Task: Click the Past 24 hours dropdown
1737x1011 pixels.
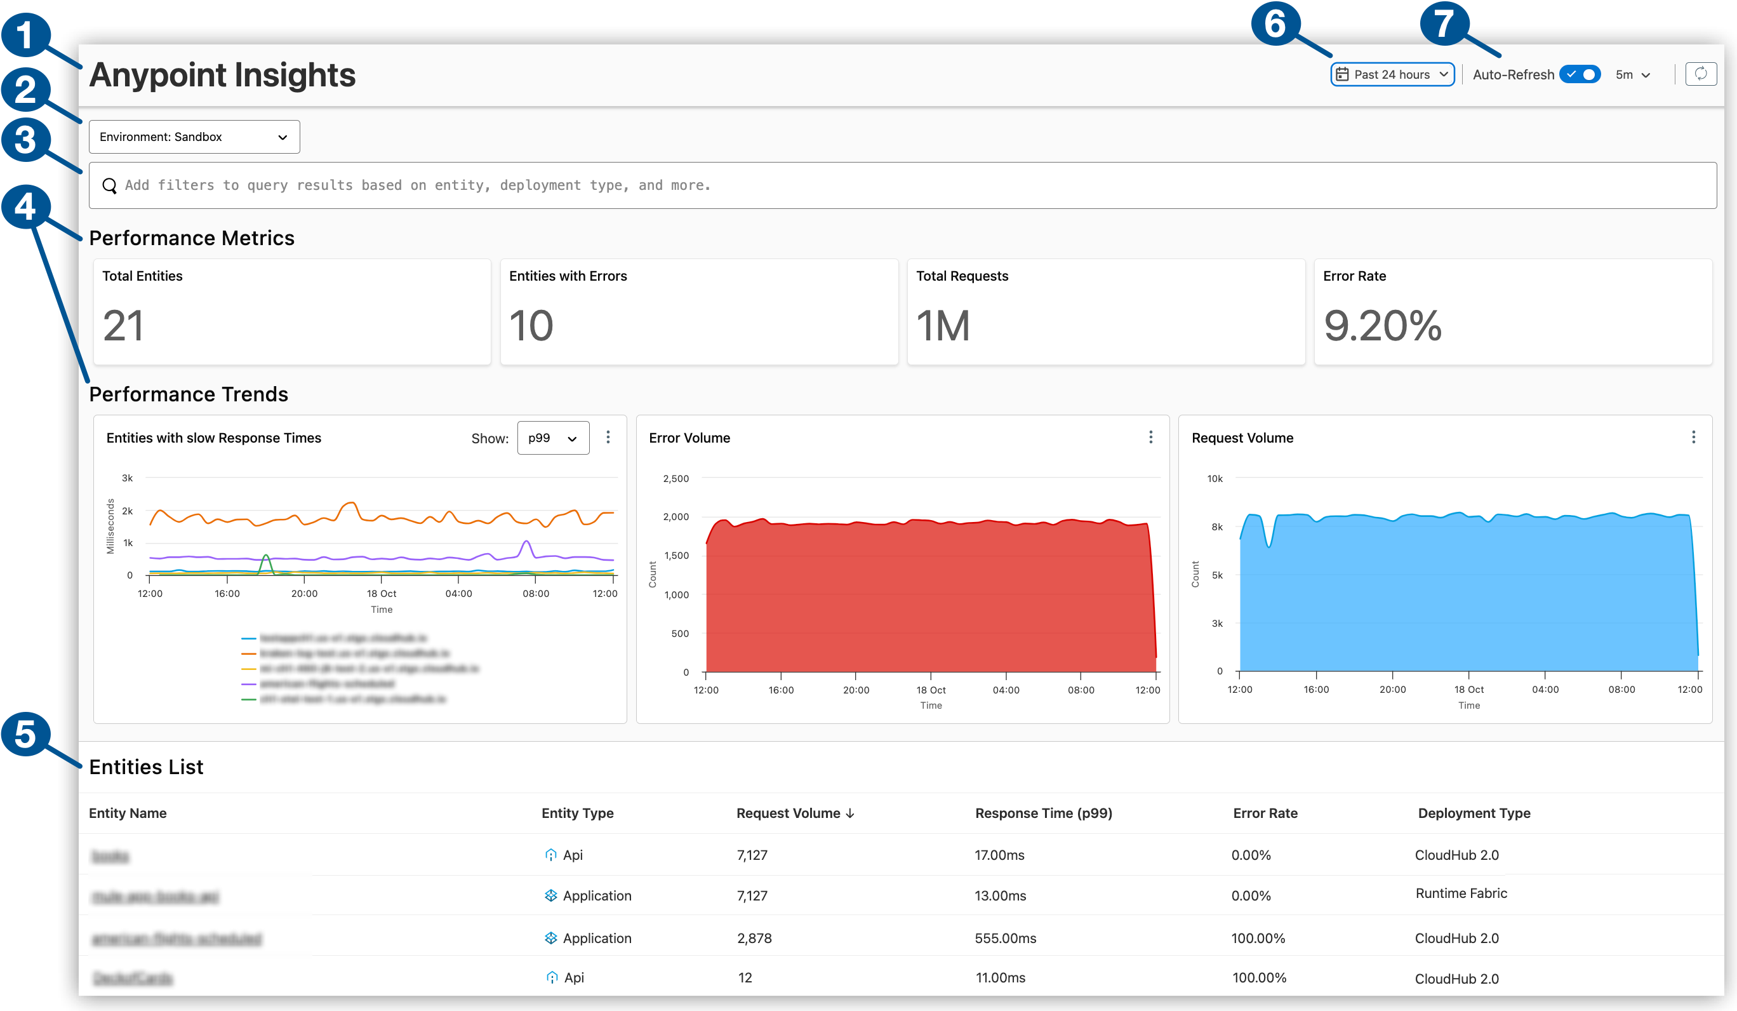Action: coord(1392,74)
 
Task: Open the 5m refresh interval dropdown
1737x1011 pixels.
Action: coord(1632,75)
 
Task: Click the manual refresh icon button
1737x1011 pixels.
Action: coord(1700,74)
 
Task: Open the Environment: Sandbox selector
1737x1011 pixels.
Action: coord(194,137)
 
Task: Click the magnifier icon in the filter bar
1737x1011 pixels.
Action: coord(110,185)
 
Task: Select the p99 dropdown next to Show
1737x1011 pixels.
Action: coord(553,438)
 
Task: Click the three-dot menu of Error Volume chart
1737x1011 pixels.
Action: coord(1150,437)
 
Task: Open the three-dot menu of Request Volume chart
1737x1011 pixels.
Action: coord(1693,437)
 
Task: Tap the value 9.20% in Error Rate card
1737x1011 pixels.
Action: coord(1382,326)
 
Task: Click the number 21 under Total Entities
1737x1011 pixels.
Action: coord(123,326)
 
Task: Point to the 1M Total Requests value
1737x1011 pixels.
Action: coord(942,326)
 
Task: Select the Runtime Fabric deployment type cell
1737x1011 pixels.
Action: coord(1461,894)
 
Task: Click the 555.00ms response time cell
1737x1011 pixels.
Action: coord(1005,938)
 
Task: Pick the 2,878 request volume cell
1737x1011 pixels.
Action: coord(754,938)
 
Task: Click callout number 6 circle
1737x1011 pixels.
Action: coord(1274,24)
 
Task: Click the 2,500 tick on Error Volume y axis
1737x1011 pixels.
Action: coord(675,479)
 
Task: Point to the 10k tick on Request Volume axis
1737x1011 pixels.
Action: coord(1215,479)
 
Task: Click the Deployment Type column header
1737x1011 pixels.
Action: coord(1474,813)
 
